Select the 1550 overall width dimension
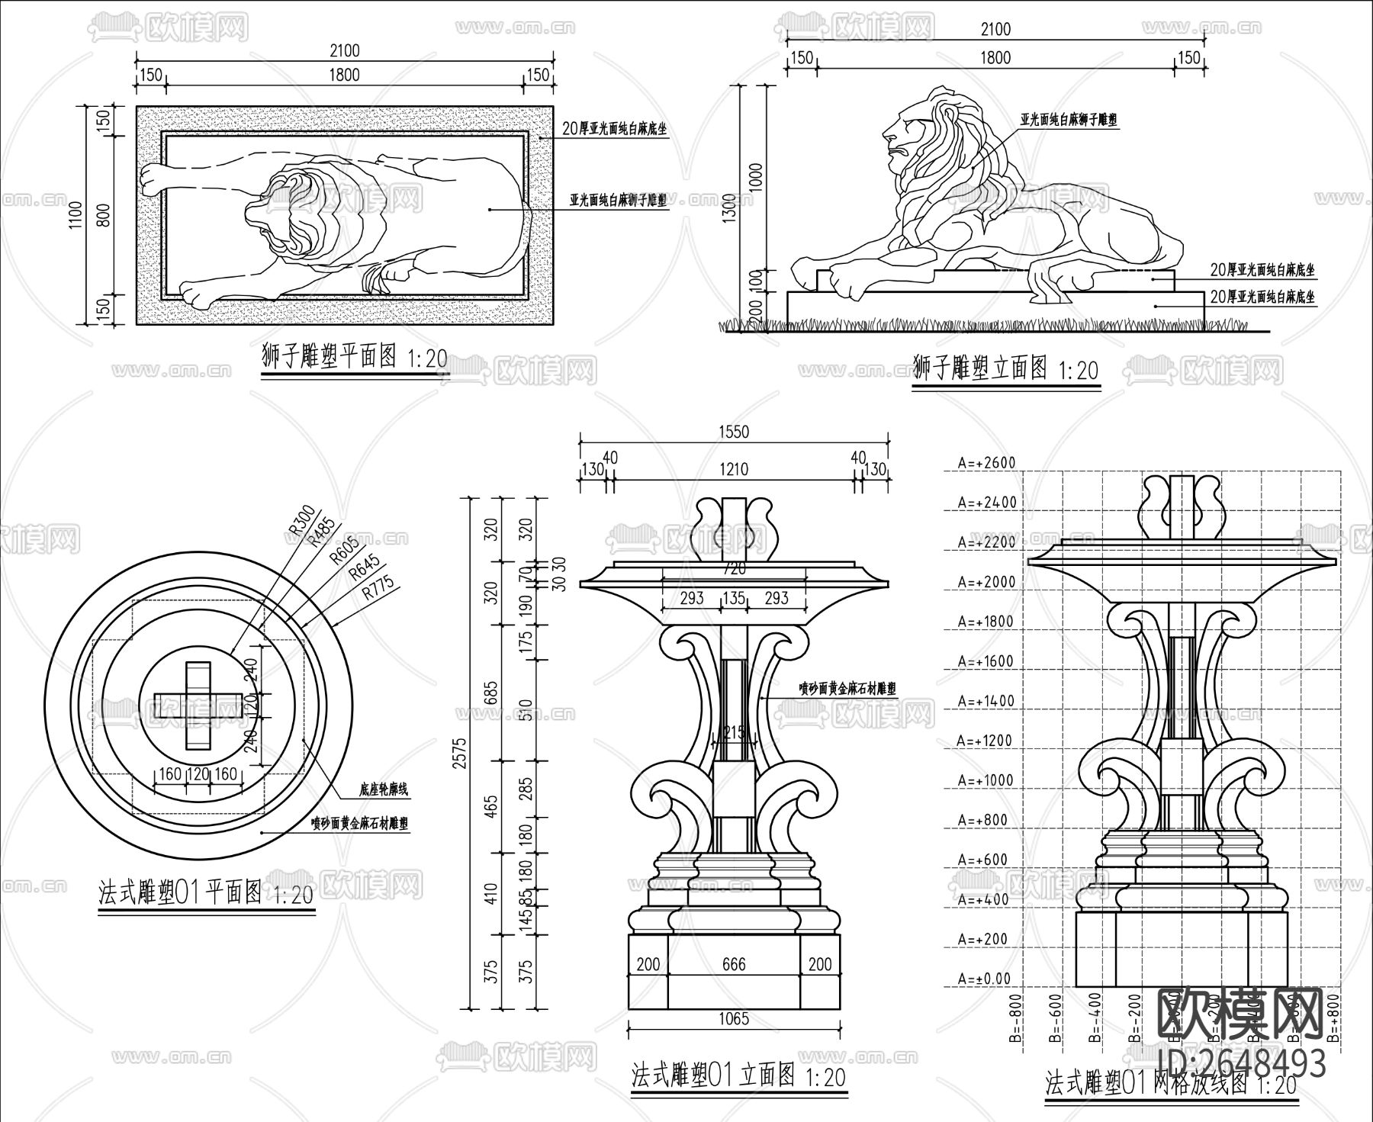[x=733, y=432]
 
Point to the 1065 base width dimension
[x=734, y=1018]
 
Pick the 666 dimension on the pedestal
[x=734, y=964]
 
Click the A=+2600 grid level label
[x=987, y=463]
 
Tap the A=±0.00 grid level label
[x=984, y=979]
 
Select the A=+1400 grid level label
[x=987, y=701]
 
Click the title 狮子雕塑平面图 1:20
[x=354, y=357]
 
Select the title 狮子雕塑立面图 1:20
[x=1005, y=369]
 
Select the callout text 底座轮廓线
[x=383, y=789]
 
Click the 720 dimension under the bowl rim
[x=734, y=569]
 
